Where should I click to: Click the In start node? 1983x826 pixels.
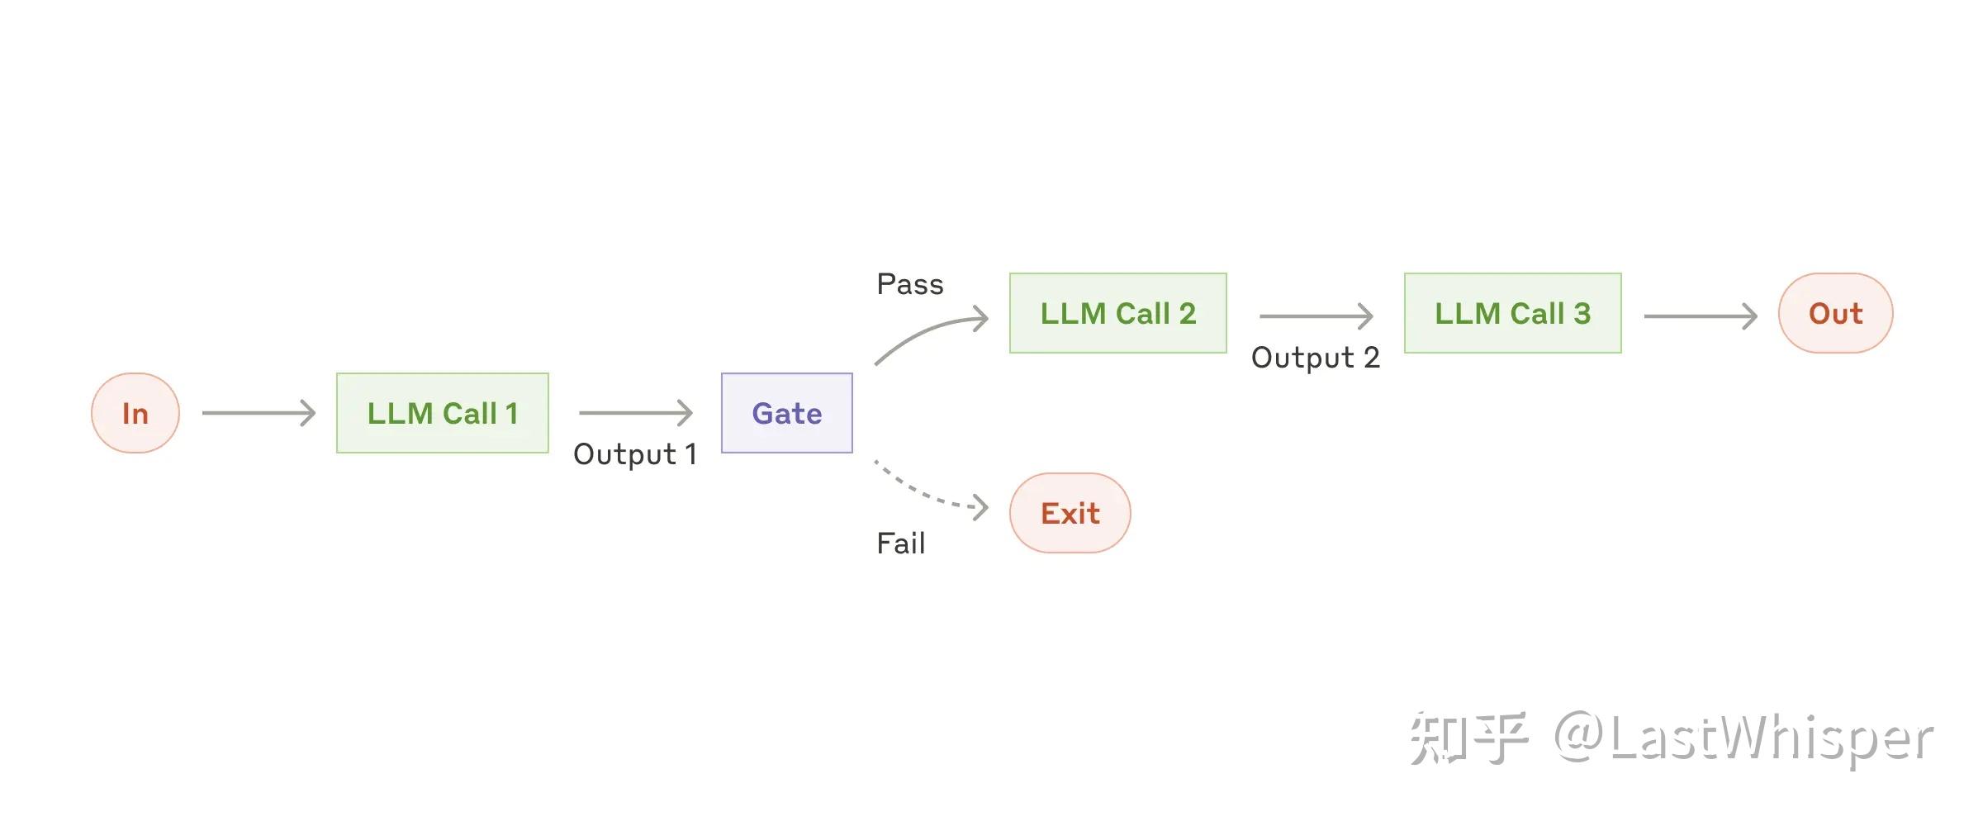pyautogui.click(x=135, y=413)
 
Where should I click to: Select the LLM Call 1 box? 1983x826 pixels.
pyautogui.click(x=442, y=413)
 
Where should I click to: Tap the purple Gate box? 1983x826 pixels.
pyautogui.click(x=786, y=413)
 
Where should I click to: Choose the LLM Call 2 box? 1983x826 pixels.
pyautogui.click(x=1117, y=313)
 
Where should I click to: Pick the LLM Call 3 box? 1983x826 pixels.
pyautogui.click(x=1512, y=313)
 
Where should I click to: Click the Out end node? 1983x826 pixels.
pyautogui.click(x=1835, y=313)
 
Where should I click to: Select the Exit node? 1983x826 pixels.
pyautogui.click(x=1070, y=513)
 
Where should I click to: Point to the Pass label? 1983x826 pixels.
pyautogui.click(x=909, y=284)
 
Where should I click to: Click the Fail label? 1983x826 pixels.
pyautogui.click(x=900, y=544)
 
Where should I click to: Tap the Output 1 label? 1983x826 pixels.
pyautogui.click(x=634, y=454)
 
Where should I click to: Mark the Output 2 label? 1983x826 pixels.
pyautogui.click(x=1315, y=358)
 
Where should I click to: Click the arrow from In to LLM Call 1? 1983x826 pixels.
pyautogui.click(x=259, y=413)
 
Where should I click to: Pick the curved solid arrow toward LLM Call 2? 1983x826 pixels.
pyautogui.click(x=925, y=332)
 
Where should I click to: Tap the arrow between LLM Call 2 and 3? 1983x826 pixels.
pyautogui.click(x=1316, y=316)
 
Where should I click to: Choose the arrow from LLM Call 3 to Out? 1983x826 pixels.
pyautogui.click(x=1700, y=316)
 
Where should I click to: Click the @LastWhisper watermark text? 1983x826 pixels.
pyautogui.click(x=1743, y=738)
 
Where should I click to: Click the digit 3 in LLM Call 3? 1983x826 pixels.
pyautogui.click(x=1582, y=313)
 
